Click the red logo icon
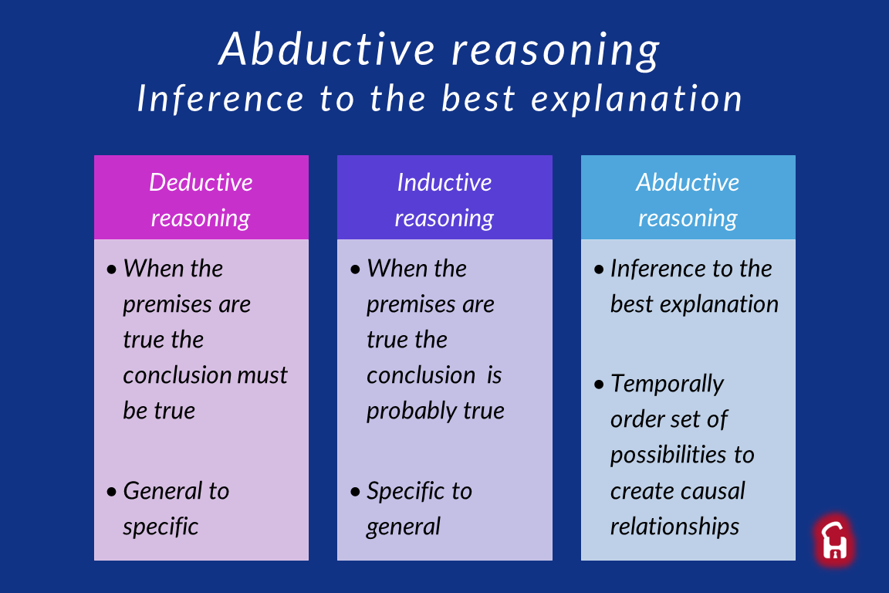(834, 540)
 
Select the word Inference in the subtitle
(221, 98)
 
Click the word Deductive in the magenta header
(201, 182)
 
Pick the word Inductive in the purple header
(444, 182)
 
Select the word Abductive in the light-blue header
(688, 182)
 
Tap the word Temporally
(667, 385)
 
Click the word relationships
(674, 527)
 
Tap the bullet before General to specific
(112, 491)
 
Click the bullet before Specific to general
(356, 491)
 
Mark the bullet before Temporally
(600, 385)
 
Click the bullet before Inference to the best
(600, 269)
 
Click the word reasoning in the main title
(556, 51)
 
